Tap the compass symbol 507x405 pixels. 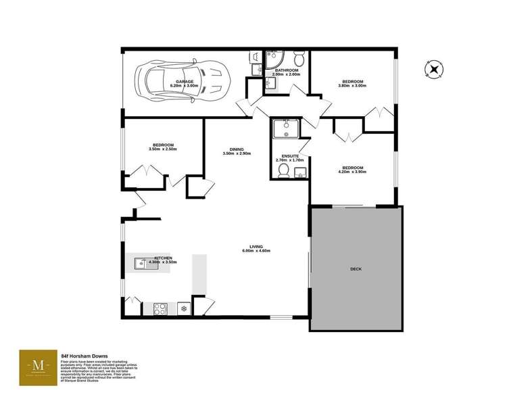tap(433, 68)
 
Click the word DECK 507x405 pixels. tap(356, 269)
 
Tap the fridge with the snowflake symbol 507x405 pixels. tap(183, 308)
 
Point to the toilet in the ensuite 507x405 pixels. tap(283, 173)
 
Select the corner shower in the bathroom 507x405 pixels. tap(274, 58)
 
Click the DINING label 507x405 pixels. tap(237, 149)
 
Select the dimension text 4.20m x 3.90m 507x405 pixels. tap(352, 172)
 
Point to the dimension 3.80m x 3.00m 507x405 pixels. tap(353, 87)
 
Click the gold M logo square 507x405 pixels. tap(38, 368)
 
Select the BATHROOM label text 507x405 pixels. tap(287, 70)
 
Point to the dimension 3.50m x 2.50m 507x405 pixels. tap(163, 149)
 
